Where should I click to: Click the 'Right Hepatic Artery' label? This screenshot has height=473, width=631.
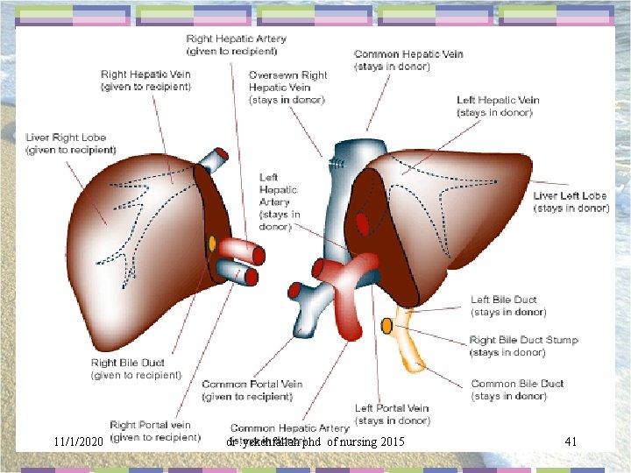[x=236, y=45]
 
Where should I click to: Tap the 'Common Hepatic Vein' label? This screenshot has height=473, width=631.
[x=408, y=60]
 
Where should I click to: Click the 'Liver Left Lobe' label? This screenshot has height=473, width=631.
[x=571, y=201]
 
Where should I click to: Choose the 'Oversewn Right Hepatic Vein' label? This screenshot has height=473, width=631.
[x=287, y=87]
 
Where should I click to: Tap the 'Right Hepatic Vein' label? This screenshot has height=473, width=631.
[x=145, y=80]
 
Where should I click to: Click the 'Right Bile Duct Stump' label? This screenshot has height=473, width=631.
[x=523, y=346]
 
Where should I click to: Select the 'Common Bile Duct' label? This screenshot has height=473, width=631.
[x=517, y=390]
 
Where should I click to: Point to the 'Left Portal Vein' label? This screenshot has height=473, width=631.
[x=392, y=413]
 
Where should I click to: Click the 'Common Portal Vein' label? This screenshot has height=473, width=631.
[x=252, y=391]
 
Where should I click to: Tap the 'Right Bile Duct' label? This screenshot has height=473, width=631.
[x=136, y=369]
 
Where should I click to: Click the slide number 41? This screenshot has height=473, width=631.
[x=570, y=441]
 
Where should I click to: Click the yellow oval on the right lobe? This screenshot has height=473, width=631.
[x=212, y=242]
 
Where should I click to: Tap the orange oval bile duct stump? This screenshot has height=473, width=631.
[x=386, y=327]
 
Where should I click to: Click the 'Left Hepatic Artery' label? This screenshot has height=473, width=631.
[x=279, y=201]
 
